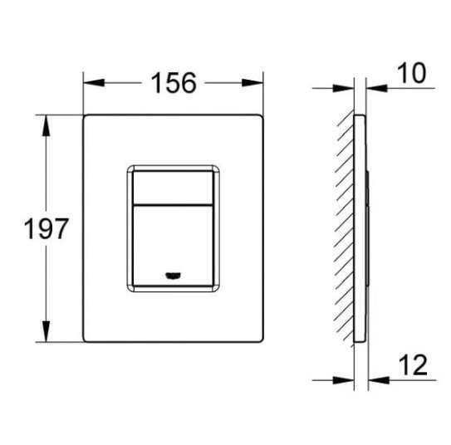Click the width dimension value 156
[174, 83]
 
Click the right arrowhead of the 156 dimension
[258, 83]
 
